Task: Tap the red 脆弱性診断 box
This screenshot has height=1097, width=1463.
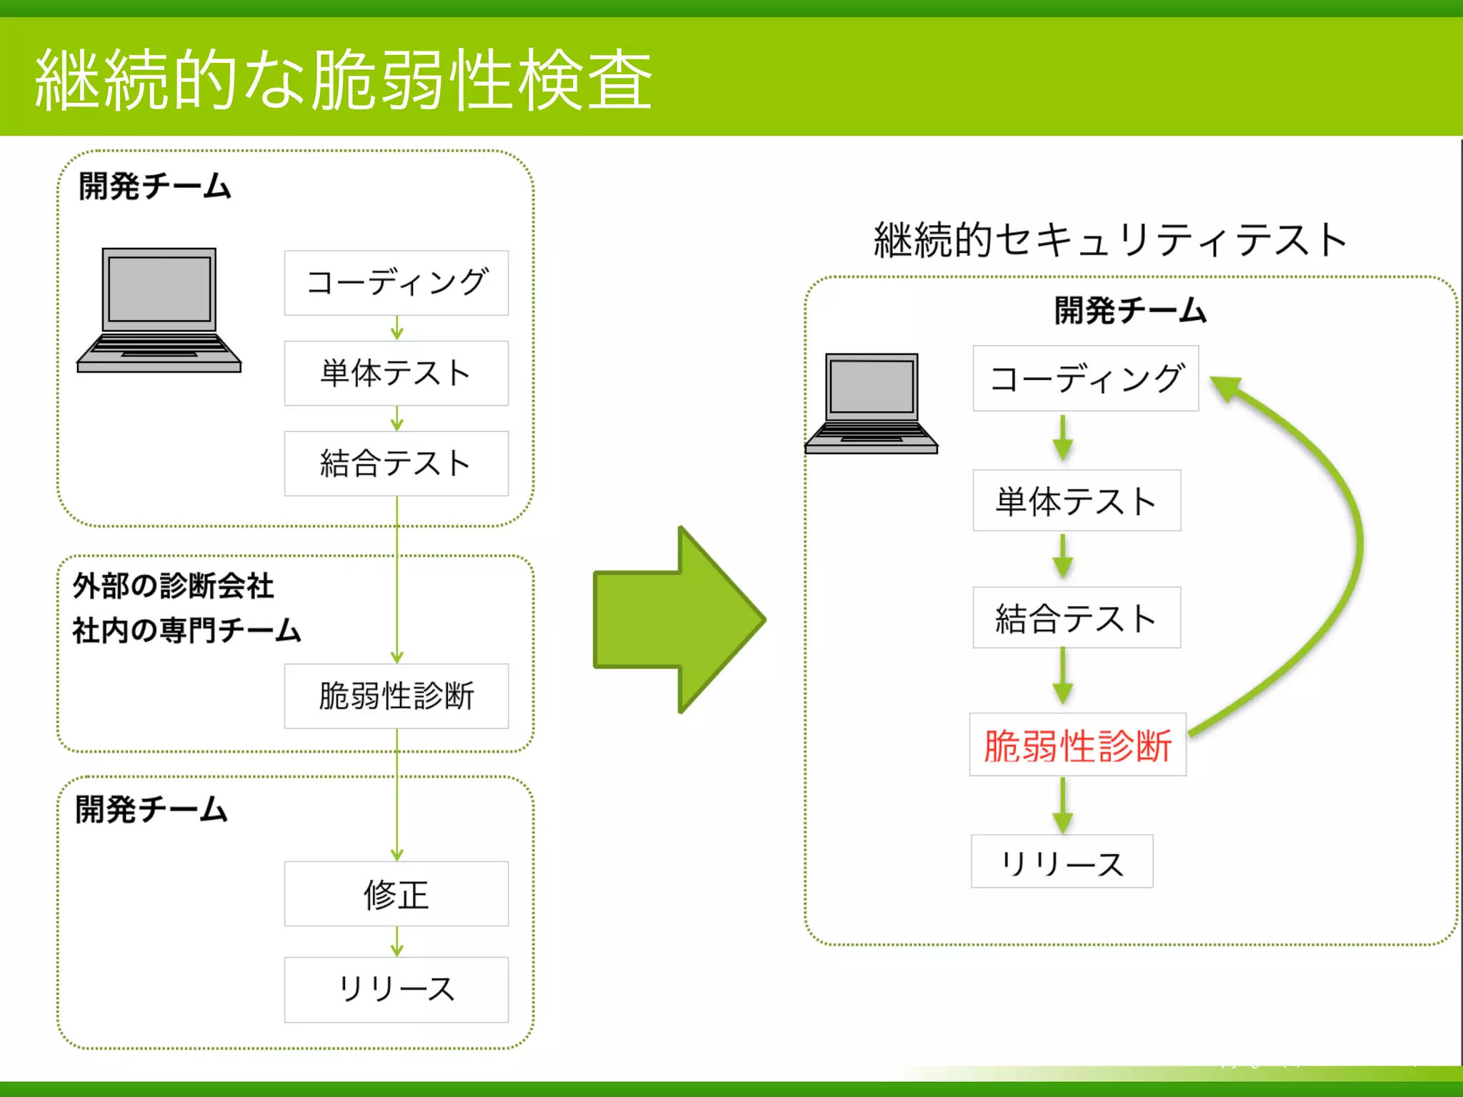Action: coord(1077,745)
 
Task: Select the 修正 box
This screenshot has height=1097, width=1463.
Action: coord(396,894)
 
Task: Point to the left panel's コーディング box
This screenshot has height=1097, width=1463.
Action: coord(396,283)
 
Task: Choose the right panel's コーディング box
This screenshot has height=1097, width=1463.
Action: coord(1086,379)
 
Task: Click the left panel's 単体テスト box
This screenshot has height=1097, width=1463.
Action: coord(396,374)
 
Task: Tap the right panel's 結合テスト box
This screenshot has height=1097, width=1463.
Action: coord(1077,618)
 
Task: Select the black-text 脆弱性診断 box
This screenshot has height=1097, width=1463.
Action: coord(396,696)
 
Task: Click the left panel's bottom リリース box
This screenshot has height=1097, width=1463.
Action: coord(396,990)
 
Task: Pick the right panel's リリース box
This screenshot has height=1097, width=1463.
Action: coord(1062,862)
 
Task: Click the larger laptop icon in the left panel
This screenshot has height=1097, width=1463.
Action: coord(159,311)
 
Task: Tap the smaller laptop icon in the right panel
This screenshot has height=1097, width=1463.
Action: coord(872,404)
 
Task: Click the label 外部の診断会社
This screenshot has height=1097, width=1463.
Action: coord(174,586)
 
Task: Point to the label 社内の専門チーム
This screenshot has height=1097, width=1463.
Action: coord(186,631)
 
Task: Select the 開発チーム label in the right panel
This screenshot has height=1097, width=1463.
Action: coord(1130,311)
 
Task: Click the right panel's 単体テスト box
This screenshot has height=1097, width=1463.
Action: coord(1077,501)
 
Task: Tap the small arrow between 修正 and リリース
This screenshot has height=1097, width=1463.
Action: coord(397,942)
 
